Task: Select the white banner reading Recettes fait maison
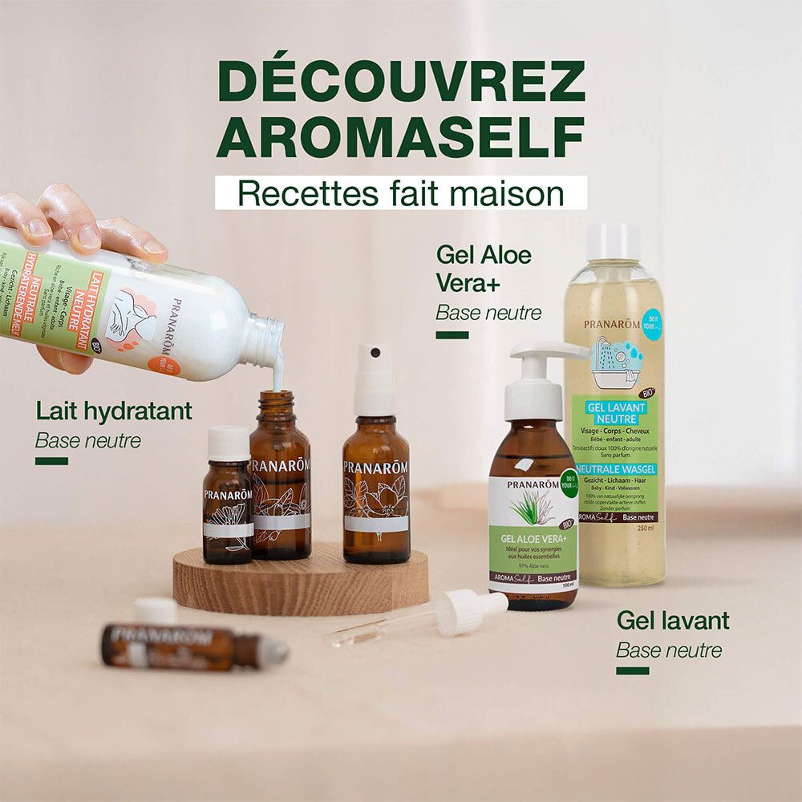point(401,193)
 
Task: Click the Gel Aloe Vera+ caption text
point(484,268)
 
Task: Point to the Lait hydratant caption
point(114,411)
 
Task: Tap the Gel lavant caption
point(673,620)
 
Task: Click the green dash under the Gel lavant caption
point(632,670)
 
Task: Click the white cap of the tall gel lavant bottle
point(614,241)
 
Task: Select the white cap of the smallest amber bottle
point(228,443)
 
